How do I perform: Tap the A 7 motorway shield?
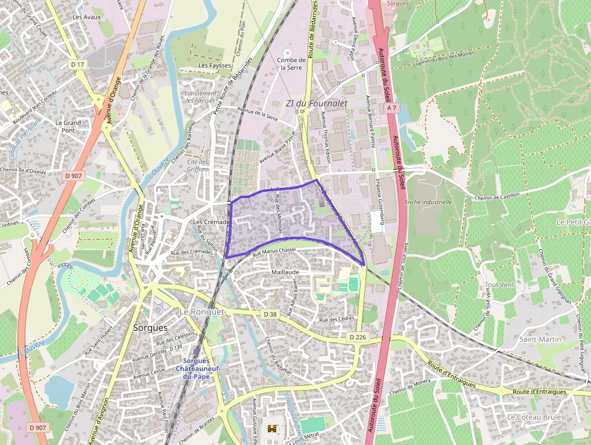[392, 107]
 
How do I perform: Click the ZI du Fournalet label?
[317, 103]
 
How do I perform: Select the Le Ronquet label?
[202, 312]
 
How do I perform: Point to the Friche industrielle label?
[428, 202]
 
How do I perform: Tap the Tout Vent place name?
[499, 284]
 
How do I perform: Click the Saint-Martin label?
[540, 339]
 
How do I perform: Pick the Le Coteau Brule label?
[534, 417]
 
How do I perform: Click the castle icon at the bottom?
[273, 429]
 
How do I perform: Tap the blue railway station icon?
[197, 352]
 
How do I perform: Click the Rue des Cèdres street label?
[337, 319]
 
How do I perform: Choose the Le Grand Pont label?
[68, 126]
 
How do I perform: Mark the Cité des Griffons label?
[198, 165]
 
